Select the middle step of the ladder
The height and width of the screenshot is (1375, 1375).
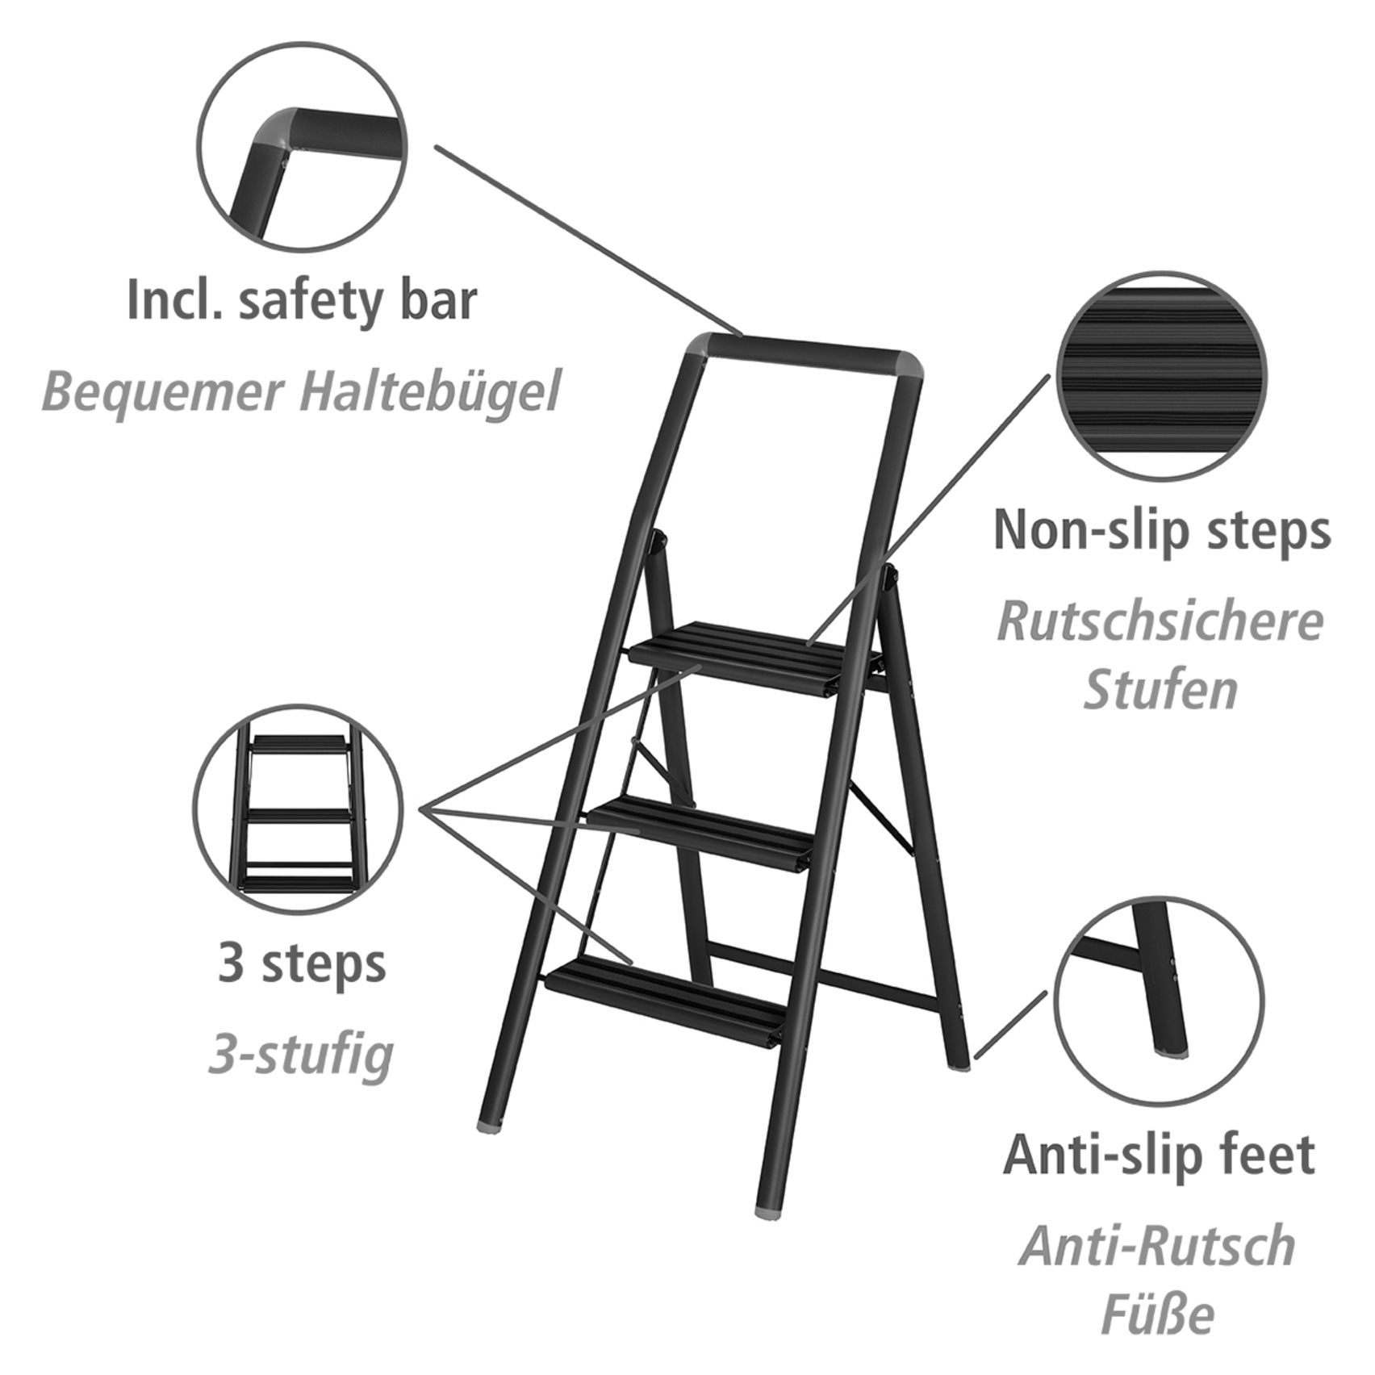[702, 831]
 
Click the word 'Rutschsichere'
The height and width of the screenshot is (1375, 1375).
[1160, 622]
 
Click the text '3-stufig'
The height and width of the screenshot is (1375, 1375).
[301, 1054]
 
